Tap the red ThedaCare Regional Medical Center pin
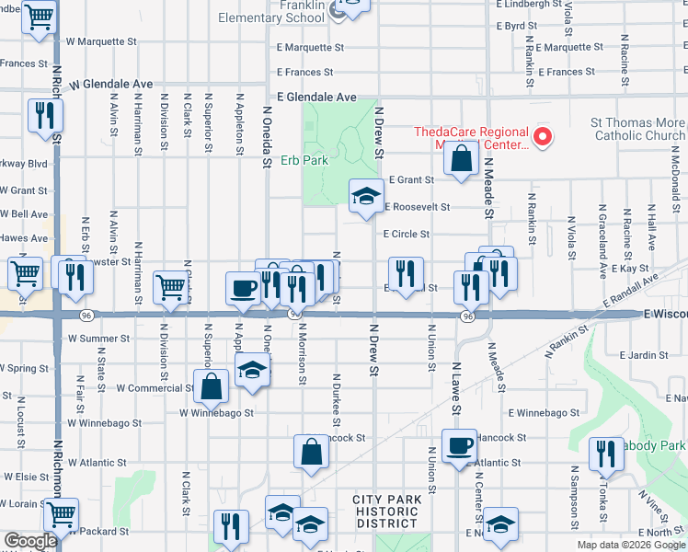(543, 138)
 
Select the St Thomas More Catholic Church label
(637, 129)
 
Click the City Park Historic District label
(387, 512)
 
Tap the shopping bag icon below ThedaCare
(460, 158)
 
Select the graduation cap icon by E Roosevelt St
(366, 195)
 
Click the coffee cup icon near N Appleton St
(244, 288)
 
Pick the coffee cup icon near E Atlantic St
(459, 446)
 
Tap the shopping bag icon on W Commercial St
(211, 386)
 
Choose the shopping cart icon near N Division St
(170, 288)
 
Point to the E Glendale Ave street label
(316, 97)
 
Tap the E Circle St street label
(406, 234)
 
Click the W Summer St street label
(98, 339)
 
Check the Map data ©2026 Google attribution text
(630, 545)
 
